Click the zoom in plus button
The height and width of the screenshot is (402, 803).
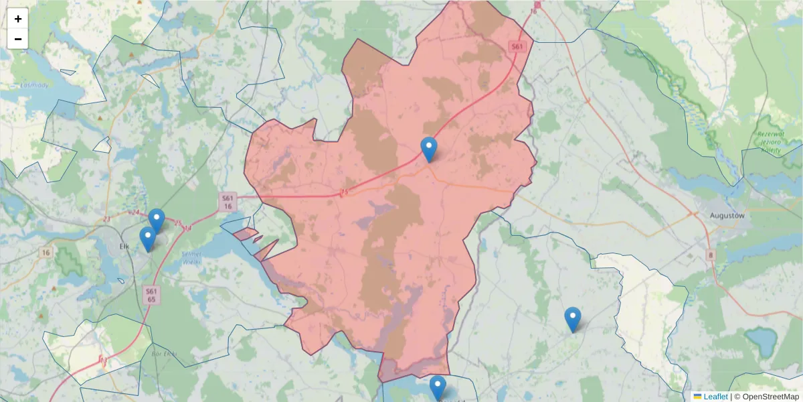[18, 19]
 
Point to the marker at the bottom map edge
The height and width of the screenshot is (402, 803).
[438, 388]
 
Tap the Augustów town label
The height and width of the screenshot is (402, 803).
[726, 216]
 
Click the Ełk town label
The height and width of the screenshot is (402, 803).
[123, 246]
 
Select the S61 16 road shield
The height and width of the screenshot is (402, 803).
[228, 202]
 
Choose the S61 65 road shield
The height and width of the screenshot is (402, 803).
[152, 295]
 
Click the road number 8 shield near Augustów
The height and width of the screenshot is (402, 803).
[710, 255]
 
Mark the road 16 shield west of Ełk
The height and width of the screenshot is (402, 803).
[46, 252]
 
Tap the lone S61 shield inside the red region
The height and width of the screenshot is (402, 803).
[516, 46]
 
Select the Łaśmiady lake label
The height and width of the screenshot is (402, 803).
[32, 85]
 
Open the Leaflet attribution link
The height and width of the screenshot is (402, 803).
[715, 397]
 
